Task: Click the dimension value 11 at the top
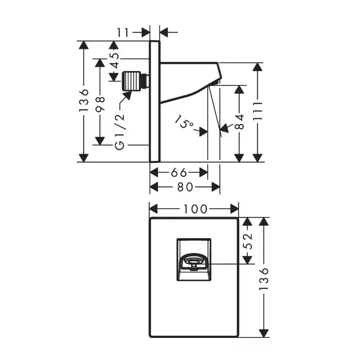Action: point(122,32)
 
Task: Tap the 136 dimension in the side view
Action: point(85,101)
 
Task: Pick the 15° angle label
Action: point(184,124)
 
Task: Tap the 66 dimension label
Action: point(178,172)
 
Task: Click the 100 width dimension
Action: point(193,209)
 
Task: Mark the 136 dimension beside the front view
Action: point(264,278)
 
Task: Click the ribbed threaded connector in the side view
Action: point(134,80)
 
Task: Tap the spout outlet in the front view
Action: point(194,264)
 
